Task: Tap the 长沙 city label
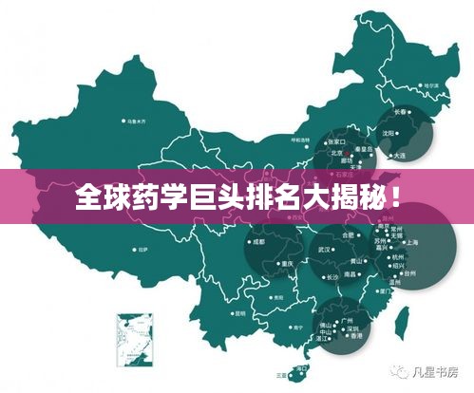[x=332, y=278]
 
